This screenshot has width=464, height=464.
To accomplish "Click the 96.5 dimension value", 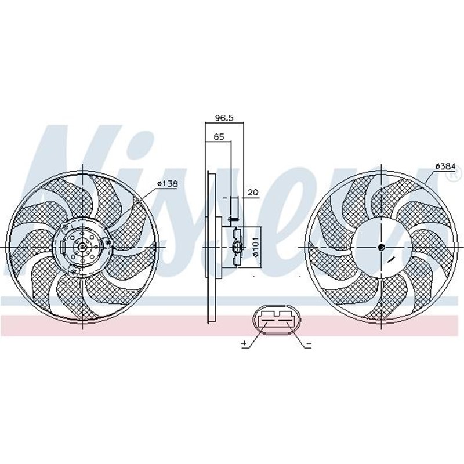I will (x=224, y=118).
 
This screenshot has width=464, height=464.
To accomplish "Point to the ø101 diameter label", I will (x=255, y=246).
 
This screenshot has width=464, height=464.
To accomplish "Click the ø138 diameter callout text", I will (x=166, y=184).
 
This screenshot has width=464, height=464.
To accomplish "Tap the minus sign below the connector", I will (x=309, y=345).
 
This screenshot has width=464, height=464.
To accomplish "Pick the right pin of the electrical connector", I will (x=286, y=316).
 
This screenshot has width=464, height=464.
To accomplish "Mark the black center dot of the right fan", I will (x=381, y=248).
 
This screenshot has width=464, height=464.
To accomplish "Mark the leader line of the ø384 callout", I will (x=430, y=177).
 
